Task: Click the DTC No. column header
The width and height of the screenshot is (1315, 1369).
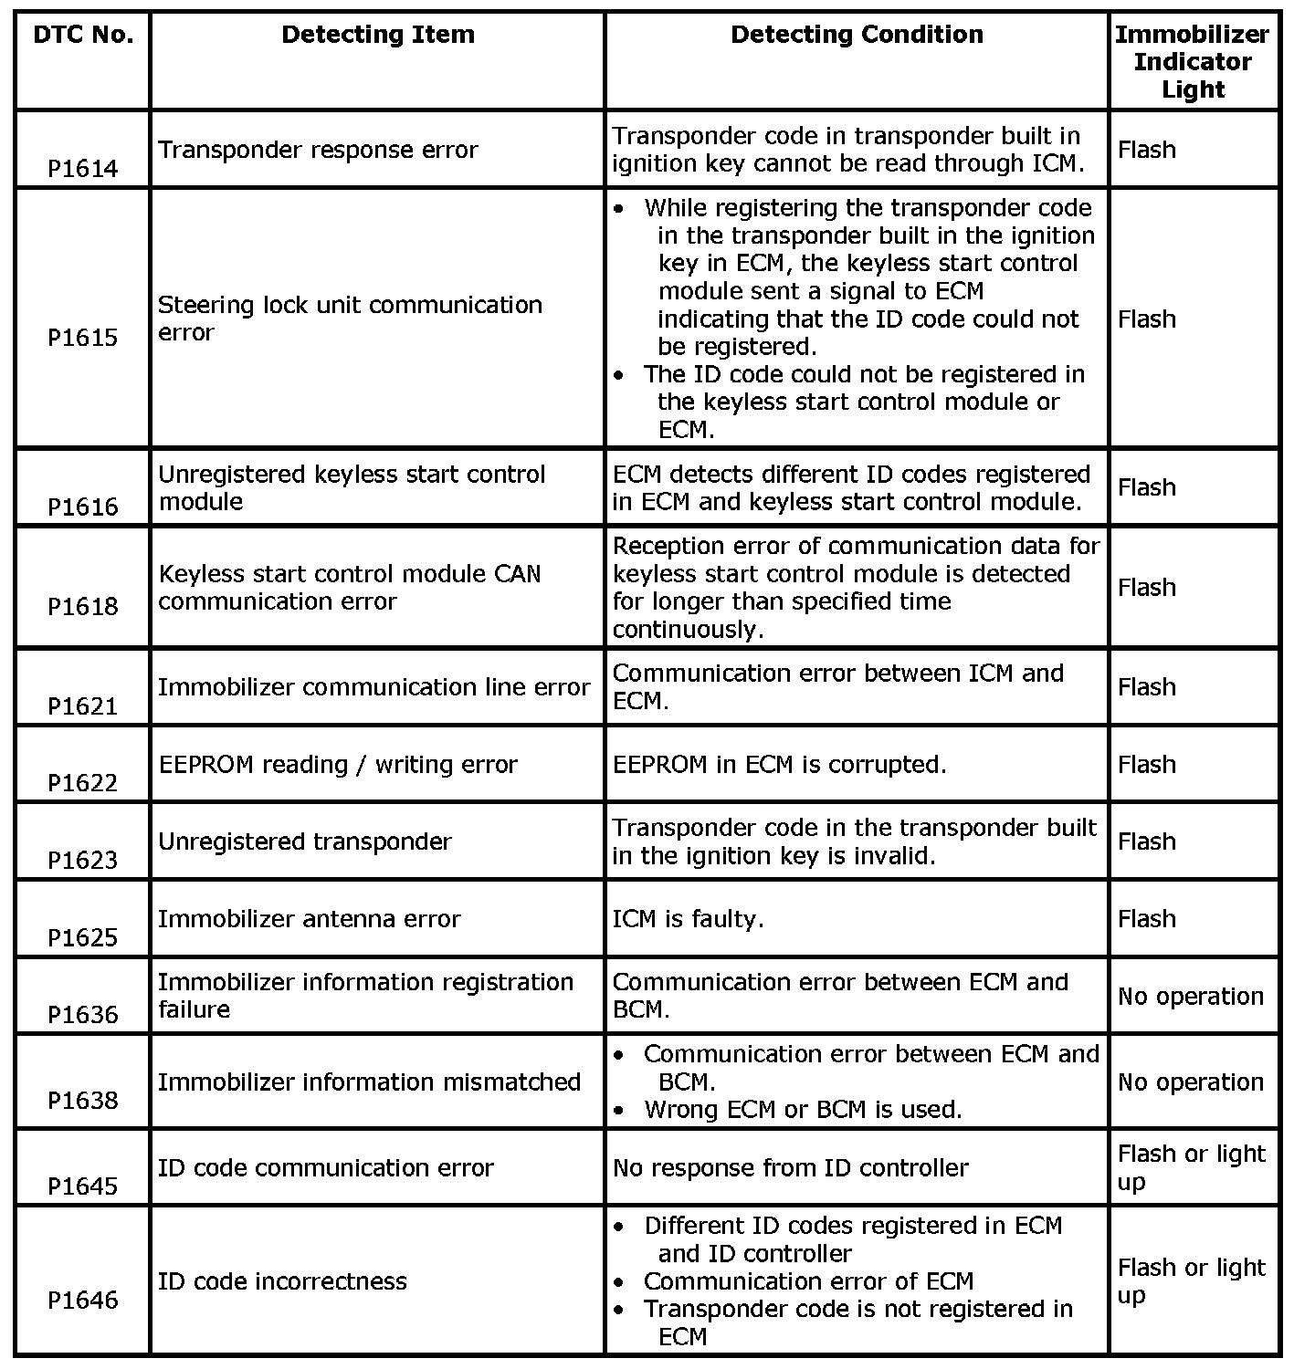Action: pos(83,36)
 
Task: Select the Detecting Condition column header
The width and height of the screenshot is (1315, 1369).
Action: pos(857,36)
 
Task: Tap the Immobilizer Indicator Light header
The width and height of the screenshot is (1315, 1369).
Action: pos(1192,62)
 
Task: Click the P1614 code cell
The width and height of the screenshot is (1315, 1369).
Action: pos(83,169)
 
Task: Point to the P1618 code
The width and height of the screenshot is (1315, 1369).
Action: pos(83,607)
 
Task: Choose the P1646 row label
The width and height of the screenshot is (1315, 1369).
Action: pos(83,1300)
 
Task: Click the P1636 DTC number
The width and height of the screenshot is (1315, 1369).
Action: pos(83,1015)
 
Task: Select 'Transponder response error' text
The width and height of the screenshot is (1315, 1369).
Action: pos(318,150)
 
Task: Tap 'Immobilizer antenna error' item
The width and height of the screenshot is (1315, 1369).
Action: pos(310,919)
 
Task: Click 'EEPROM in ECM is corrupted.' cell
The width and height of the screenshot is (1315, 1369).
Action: pos(780,765)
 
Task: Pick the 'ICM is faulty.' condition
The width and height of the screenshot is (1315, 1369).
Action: pos(688,919)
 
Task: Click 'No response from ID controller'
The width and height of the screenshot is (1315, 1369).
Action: pos(790,1168)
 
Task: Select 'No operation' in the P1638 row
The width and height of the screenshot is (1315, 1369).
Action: pos(1191,1082)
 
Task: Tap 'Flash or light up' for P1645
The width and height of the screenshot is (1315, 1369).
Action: pos(1191,1168)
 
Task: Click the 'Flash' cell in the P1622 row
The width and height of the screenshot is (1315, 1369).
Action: pos(1147,765)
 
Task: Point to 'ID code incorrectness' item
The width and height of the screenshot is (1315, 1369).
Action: pos(282,1281)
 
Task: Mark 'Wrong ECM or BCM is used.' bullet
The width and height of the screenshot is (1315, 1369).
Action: pos(803,1110)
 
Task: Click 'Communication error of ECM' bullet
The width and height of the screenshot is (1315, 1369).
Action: pos(808,1281)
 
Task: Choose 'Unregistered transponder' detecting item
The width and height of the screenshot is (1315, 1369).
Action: pos(305,841)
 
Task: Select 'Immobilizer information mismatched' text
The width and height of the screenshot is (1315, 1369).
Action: pos(370,1082)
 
